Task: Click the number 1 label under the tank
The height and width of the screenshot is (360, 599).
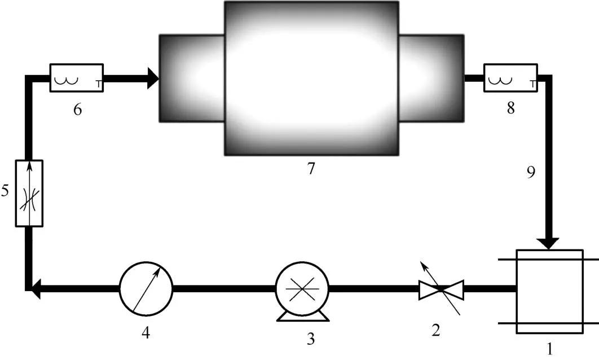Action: pos(550,350)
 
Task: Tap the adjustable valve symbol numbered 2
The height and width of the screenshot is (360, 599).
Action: pos(441,289)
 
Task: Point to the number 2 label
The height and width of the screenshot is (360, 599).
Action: pos(435,331)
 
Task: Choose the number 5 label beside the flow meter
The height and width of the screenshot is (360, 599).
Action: pos(6,191)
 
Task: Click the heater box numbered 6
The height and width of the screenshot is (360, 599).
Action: pos(77,78)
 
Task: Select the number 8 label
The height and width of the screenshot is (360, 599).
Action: pos(510,109)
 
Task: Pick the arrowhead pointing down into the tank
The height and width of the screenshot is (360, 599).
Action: pos(548,243)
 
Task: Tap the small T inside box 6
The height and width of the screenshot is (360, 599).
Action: pos(99,85)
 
